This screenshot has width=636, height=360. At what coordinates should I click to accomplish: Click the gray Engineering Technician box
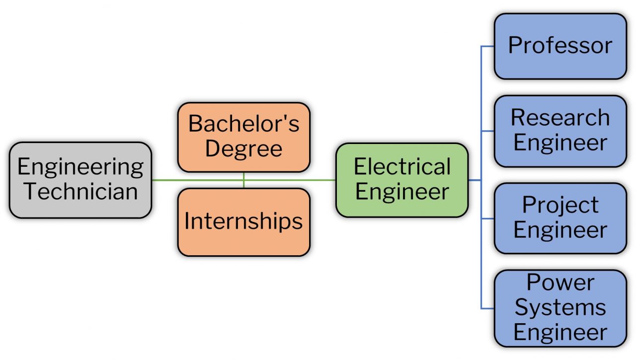(80, 180)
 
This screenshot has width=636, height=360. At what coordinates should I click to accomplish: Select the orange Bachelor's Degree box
(243, 137)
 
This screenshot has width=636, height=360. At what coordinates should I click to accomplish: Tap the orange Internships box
(243, 222)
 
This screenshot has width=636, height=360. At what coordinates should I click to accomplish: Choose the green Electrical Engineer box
(402, 180)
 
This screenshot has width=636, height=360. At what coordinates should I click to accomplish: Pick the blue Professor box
(560, 46)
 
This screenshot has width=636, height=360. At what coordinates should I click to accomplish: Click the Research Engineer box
(560, 131)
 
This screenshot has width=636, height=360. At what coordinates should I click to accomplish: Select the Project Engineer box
(560, 218)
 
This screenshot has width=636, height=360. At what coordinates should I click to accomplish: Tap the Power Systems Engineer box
(560, 308)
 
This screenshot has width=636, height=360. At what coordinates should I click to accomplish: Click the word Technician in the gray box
(81, 192)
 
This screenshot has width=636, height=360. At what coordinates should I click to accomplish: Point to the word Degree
(243, 148)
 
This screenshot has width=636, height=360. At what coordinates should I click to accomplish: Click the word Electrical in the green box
(402, 167)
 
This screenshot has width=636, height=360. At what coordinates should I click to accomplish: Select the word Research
(560, 118)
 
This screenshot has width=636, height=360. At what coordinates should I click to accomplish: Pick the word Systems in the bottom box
(560, 308)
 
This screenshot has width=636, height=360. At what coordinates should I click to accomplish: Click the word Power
(560, 283)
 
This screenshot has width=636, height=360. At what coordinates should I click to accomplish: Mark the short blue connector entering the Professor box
(487, 46)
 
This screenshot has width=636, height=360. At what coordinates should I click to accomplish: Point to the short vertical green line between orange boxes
(243, 180)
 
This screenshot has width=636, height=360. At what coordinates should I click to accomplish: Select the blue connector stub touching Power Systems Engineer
(487, 308)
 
